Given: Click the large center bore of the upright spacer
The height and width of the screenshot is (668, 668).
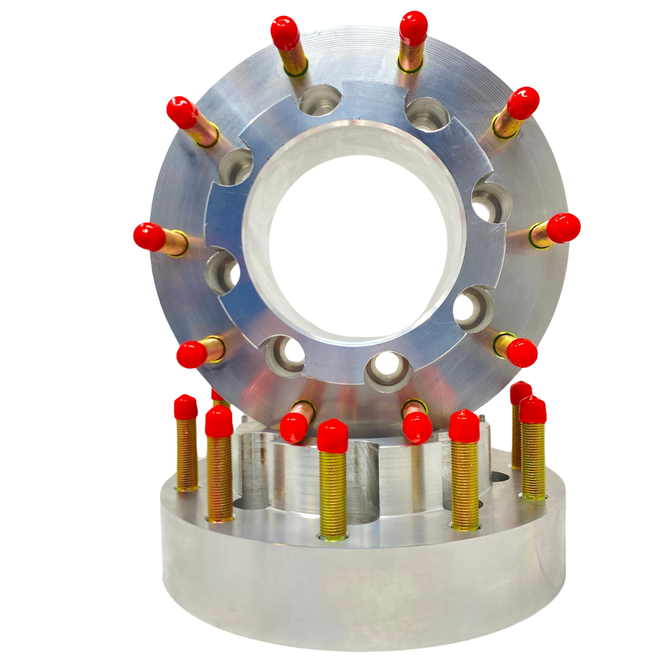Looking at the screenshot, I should (359, 241).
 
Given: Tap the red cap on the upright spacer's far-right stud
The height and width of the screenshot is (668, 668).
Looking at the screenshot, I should (563, 228).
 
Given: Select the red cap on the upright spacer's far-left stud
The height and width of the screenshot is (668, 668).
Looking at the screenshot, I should (149, 237).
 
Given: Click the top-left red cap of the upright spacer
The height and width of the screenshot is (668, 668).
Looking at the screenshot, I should (285, 32).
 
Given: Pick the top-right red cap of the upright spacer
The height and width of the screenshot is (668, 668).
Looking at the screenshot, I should (413, 27).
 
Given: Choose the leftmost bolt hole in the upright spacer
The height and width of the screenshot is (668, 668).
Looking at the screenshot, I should (222, 272).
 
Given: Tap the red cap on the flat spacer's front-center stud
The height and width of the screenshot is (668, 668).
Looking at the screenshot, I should (332, 436).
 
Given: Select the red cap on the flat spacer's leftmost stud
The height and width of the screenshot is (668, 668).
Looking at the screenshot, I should (186, 407).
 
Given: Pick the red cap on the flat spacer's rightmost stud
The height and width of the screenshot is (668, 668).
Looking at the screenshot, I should (532, 410).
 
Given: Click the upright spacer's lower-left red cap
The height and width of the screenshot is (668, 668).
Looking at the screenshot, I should (192, 354).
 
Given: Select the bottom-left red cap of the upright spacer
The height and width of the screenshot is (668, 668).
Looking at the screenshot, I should (293, 427).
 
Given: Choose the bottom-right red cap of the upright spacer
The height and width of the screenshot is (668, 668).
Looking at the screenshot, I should (417, 427).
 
